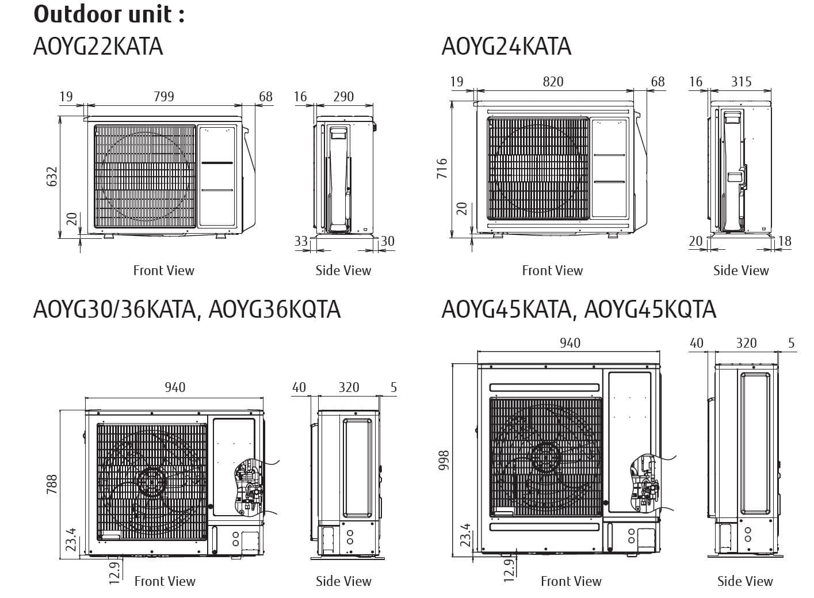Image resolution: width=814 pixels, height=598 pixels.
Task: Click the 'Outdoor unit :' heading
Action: [x=109, y=14]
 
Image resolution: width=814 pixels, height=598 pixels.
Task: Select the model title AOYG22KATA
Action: [x=98, y=46]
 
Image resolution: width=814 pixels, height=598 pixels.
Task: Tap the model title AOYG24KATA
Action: [x=506, y=46]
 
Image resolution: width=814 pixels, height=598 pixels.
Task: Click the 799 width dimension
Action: [x=164, y=96]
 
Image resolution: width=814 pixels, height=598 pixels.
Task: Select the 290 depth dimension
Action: [x=343, y=96]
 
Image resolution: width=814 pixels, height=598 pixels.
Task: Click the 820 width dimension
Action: [x=553, y=81]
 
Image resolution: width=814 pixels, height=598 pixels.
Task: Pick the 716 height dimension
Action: [x=442, y=169]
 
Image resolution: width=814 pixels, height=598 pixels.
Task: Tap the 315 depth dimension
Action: [x=741, y=81]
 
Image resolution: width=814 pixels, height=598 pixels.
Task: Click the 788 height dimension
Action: [x=52, y=485]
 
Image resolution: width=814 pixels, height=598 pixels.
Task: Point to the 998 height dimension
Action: [x=444, y=459]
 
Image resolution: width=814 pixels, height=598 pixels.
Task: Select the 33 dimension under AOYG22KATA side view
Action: [x=301, y=241]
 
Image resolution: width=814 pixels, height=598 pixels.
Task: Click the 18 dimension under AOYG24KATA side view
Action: [x=785, y=241]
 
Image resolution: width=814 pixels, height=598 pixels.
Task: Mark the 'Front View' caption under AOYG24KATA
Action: [x=552, y=270]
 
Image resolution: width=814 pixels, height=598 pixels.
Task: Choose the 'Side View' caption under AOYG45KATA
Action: [x=745, y=581]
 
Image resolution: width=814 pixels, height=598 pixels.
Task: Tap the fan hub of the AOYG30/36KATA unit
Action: [x=151, y=479]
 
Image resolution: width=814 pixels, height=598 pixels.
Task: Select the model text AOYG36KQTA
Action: [x=274, y=309]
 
